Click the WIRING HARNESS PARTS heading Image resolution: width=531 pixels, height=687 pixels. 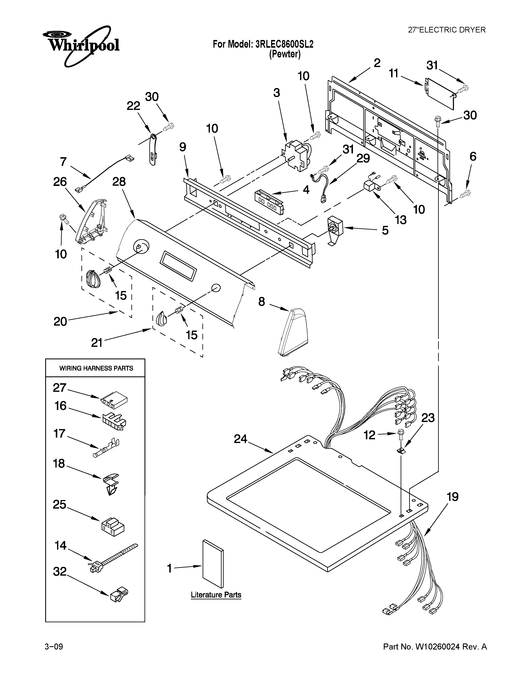pyautogui.click(x=96, y=368)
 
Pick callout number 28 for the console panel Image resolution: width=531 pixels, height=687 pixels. pyautogui.click(x=119, y=182)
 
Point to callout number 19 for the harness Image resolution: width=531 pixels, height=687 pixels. pyautogui.click(x=452, y=497)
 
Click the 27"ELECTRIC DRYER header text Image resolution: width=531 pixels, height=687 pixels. pyautogui.click(x=446, y=30)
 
